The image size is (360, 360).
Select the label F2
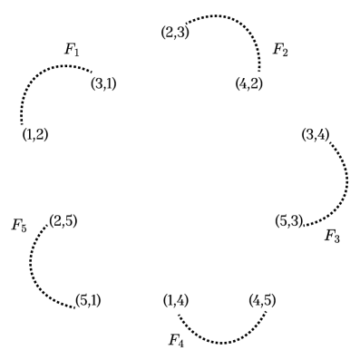coord(281,48)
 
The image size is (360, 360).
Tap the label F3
coord(333,237)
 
